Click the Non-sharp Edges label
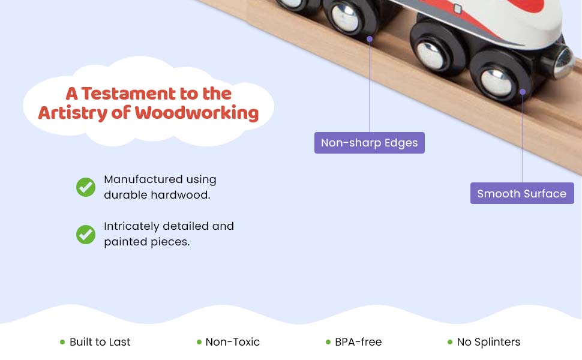369,143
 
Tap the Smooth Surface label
521,194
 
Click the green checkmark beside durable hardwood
86,187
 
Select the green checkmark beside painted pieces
86,234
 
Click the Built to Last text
100,342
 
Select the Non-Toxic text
232,342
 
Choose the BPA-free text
358,342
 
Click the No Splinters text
488,342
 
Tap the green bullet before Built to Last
62,342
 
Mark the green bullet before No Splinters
450,342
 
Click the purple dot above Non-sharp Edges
370,39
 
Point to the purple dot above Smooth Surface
523,92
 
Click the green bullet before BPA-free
328,342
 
